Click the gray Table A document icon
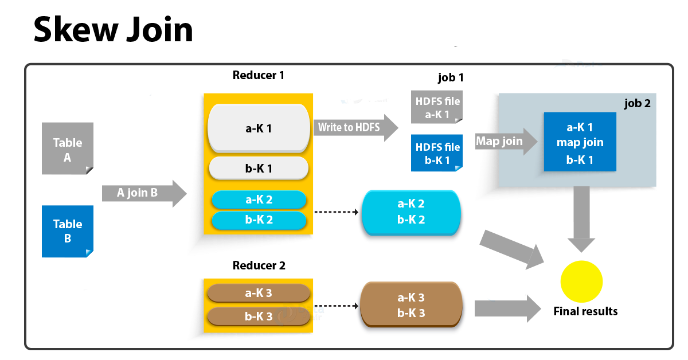pyautogui.click(x=68, y=148)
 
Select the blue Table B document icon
pyautogui.click(x=68, y=232)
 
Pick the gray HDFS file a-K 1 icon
pyautogui.click(x=436, y=107)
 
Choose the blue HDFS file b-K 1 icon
pyautogui.click(x=436, y=153)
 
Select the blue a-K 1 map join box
pyautogui.click(x=580, y=142)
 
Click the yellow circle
pyautogui.click(x=581, y=282)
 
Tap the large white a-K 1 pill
pyautogui.click(x=259, y=128)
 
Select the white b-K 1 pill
pyautogui.click(x=259, y=169)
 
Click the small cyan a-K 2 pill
pyautogui.click(x=259, y=200)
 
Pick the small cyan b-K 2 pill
pyautogui.click(x=259, y=220)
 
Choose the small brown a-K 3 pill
pyautogui.click(x=259, y=293)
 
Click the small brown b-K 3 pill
pyautogui.click(x=259, y=316)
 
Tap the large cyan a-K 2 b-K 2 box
pyautogui.click(x=411, y=212)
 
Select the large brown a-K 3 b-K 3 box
pyautogui.click(x=411, y=306)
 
